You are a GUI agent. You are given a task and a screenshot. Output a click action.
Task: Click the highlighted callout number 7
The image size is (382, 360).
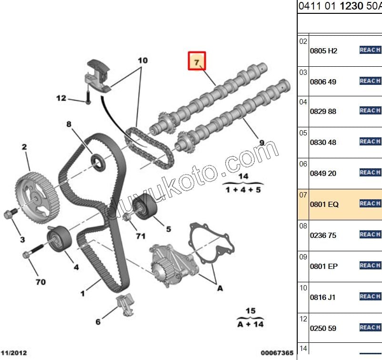(x=197, y=61)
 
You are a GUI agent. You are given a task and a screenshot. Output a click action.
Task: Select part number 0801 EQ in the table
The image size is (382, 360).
(x=324, y=205)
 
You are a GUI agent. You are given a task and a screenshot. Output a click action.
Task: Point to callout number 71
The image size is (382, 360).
(x=140, y=236)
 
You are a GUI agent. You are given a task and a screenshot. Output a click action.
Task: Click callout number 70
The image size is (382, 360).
(x=40, y=282)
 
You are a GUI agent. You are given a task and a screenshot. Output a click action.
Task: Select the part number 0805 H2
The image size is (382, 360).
(x=323, y=51)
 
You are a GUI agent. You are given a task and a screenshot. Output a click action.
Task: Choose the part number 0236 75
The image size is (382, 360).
(x=323, y=236)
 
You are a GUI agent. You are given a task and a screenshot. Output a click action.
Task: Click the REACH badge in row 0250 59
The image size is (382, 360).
(x=370, y=328)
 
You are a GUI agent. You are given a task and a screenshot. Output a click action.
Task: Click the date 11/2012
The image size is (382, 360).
(x=14, y=353)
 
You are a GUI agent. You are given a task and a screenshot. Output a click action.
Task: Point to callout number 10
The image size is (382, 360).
(x=142, y=61)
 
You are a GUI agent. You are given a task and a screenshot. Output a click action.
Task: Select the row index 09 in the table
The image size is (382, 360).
(x=303, y=257)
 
